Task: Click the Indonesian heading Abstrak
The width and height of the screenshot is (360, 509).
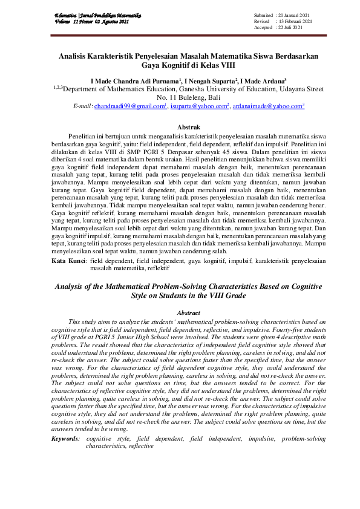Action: click(x=187, y=128)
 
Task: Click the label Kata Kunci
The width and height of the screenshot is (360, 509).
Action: click(x=68, y=261)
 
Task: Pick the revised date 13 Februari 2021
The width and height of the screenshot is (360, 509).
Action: click(x=295, y=21)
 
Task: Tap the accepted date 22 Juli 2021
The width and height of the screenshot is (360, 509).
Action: click(x=291, y=28)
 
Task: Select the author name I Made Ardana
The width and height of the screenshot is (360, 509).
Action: click(x=262, y=80)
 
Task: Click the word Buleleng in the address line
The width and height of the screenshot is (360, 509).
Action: click(x=192, y=97)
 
